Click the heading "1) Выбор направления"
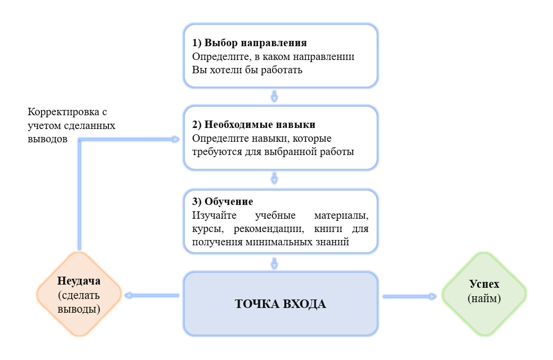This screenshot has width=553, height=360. point(249,42)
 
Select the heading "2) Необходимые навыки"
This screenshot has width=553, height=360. point(253,125)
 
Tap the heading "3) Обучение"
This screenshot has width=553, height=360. point(222,202)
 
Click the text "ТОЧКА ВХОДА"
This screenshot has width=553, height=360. point(280,304)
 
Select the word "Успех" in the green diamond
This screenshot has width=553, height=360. point(484,284)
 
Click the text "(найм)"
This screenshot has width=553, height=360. point(484,298)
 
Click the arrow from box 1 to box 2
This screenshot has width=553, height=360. point(275,96)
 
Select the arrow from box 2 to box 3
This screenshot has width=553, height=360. point(275,178)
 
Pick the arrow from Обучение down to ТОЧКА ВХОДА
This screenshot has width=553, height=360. point(275,263)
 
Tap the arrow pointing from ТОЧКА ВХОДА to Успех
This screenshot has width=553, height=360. point(409,296)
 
